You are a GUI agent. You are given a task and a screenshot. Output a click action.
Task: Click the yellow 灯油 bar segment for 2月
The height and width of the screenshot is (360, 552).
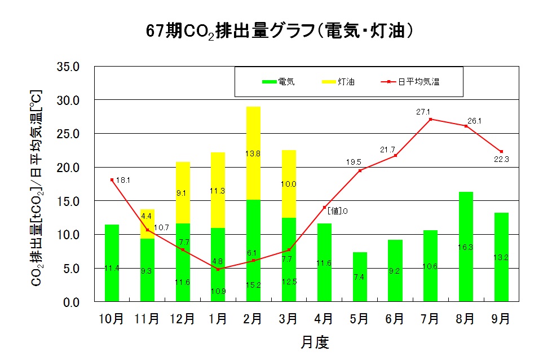coord(253,153)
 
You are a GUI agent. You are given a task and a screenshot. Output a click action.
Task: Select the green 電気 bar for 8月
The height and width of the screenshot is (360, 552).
coord(466,247)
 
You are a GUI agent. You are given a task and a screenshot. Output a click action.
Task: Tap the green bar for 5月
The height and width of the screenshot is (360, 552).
coord(359,276)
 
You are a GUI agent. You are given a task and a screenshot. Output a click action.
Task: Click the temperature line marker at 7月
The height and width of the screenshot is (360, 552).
coord(430,119)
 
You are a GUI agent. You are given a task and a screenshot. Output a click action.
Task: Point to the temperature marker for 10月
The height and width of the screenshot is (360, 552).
coord(112,179)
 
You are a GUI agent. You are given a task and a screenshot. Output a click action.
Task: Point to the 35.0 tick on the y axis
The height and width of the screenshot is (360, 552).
coord(73,67)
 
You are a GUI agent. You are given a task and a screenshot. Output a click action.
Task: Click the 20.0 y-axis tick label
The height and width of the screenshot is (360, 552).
coord(73,168)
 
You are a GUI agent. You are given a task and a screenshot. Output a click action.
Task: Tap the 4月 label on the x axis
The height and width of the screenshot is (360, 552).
coord(324,319)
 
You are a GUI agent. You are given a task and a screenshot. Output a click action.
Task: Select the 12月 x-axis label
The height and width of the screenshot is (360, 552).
coord(182,319)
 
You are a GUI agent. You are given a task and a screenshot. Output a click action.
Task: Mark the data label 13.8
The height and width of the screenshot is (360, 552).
coord(253,153)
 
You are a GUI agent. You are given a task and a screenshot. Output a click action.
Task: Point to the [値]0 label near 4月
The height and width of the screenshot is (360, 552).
coord(337,211)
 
